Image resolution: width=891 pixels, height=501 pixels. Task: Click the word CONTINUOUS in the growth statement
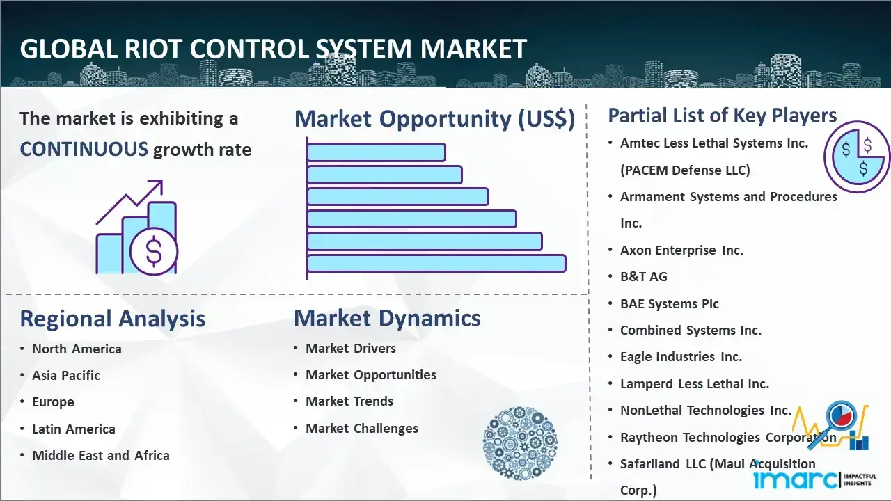tap(84, 149)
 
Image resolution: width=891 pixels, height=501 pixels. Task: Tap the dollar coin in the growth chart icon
tap(154, 252)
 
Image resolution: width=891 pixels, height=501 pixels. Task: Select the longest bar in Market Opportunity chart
tap(436, 263)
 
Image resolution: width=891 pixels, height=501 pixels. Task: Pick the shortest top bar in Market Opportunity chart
tap(376, 152)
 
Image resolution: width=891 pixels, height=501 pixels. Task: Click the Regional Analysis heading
tap(112, 319)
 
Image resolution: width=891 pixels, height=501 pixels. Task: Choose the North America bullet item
tap(77, 349)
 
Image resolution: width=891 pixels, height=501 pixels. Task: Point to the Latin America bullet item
tap(73, 429)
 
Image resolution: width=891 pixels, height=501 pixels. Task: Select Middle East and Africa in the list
tap(100, 456)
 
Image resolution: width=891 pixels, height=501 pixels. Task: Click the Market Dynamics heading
tap(387, 318)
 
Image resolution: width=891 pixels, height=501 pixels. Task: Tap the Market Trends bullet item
tap(349, 401)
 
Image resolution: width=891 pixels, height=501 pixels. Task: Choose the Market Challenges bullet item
tap(361, 429)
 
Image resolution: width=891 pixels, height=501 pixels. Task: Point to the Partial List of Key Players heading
tap(722, 116)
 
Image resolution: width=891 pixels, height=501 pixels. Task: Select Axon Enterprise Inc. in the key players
tap(681, 250)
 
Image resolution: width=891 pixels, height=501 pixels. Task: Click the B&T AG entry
tap(643, 277)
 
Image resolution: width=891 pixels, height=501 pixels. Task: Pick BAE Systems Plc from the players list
tap(669, 304)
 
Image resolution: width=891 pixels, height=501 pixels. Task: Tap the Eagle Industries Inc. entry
tap(681, 357)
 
